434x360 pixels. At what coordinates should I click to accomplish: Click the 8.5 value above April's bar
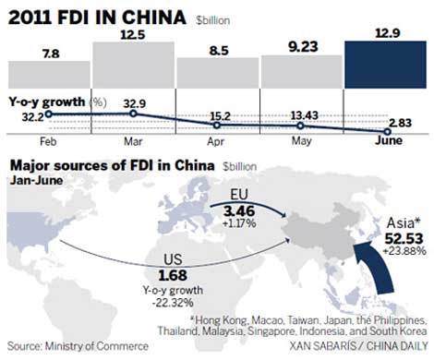point(219,49)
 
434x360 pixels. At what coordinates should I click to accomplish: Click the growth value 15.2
point(219,116)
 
